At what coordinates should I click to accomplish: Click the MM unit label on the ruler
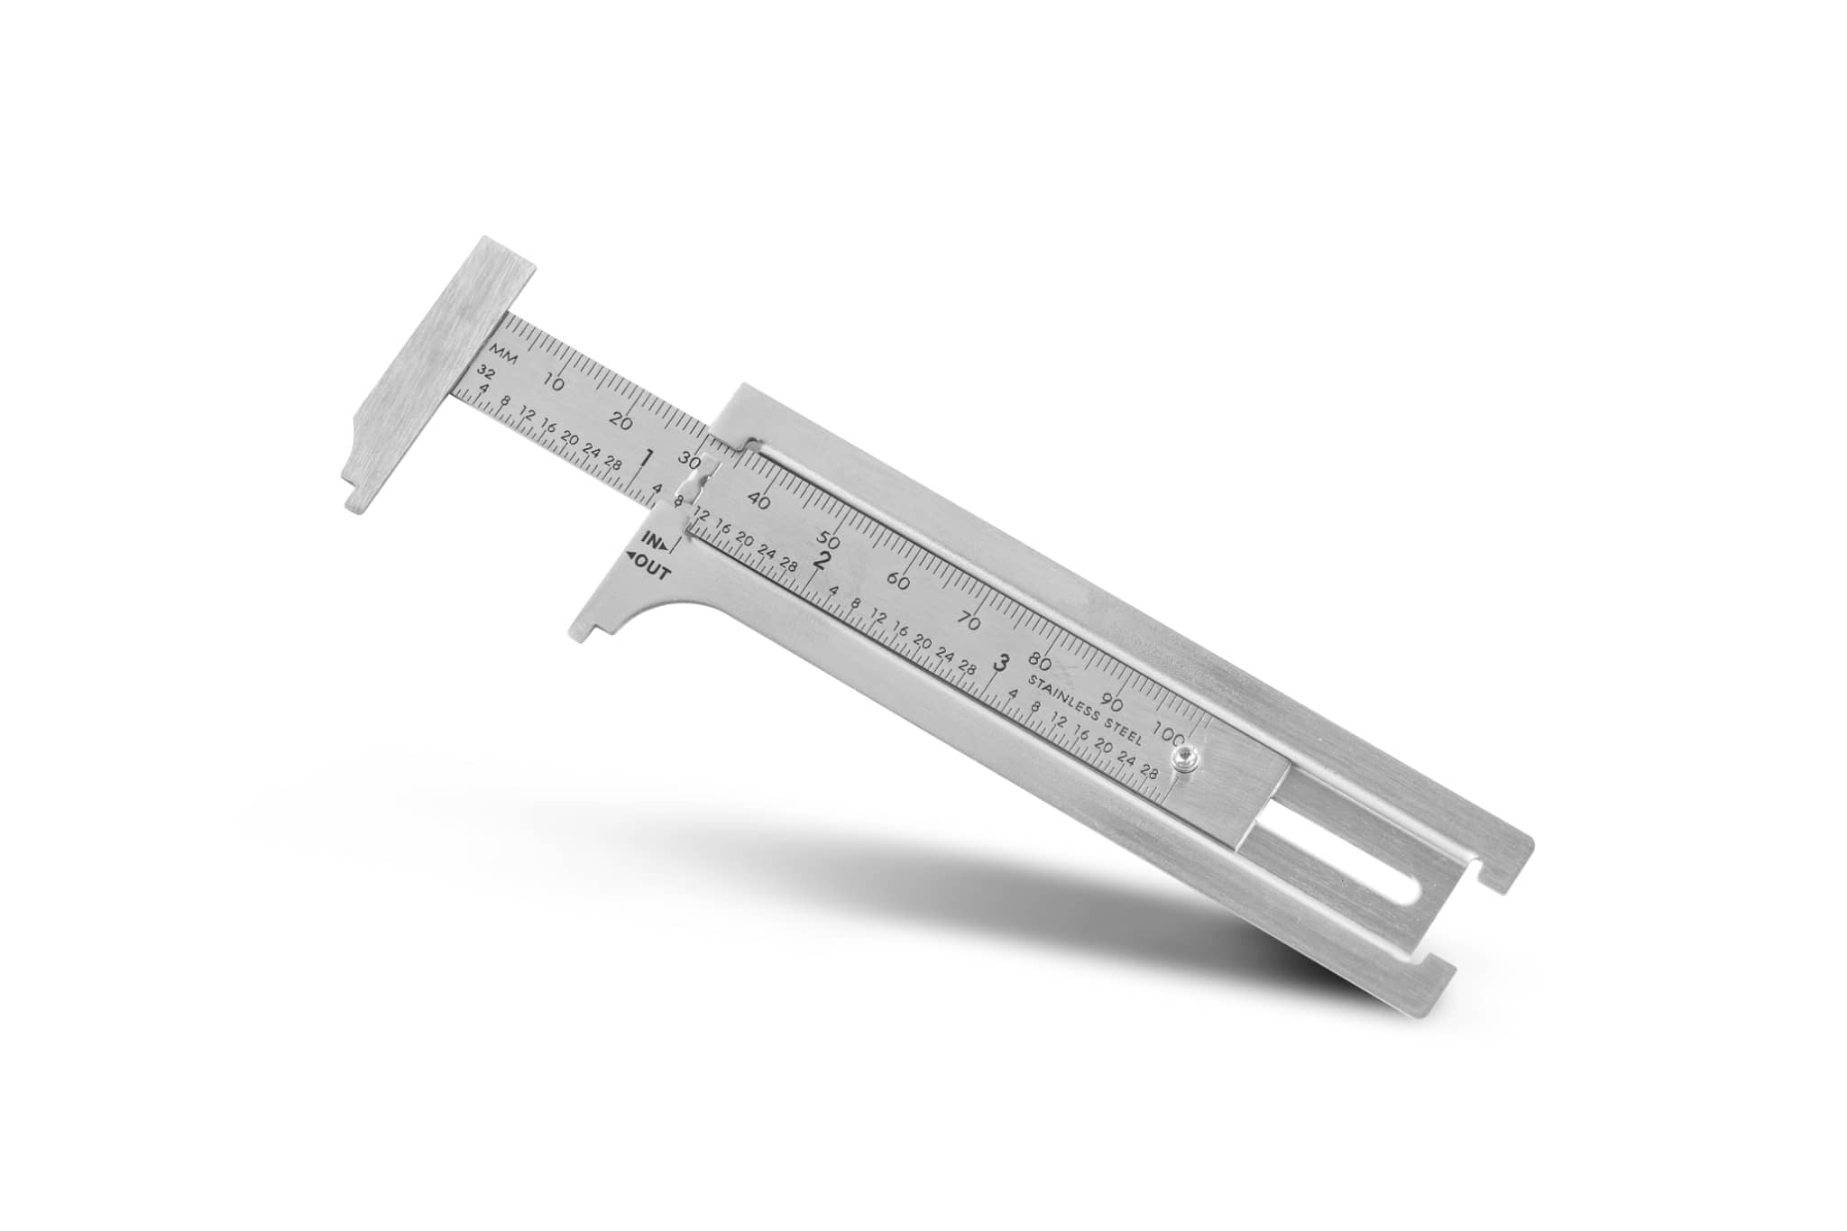502,354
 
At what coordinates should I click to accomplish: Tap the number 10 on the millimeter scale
556,382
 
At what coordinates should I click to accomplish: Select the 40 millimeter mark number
758,501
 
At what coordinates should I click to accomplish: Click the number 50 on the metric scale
828,542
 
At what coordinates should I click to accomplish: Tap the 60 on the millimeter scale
897,582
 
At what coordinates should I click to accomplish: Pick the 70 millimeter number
969,622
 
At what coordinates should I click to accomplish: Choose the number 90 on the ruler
1113,704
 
